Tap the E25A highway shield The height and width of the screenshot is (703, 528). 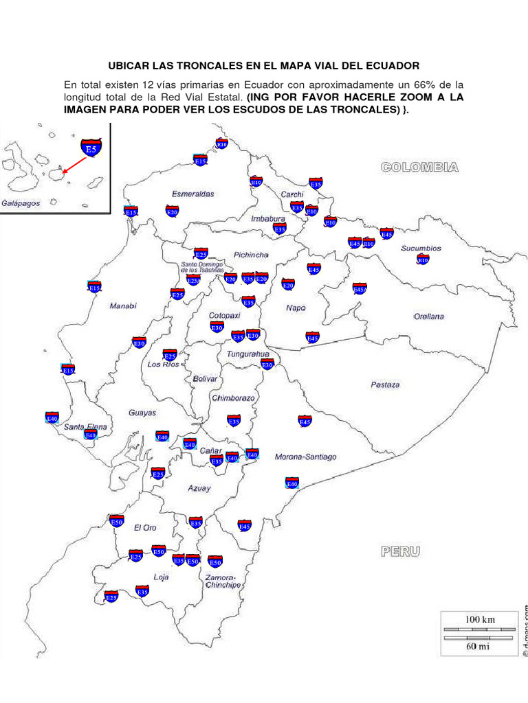(194, 279)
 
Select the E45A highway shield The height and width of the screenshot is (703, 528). (360, 289)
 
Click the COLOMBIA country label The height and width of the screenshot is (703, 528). (420, 166)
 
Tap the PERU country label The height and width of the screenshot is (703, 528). (400, 551)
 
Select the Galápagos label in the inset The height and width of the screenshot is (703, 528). (21, 203)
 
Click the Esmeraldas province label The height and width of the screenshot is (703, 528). (193, 194)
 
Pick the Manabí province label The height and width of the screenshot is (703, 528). (123, 306)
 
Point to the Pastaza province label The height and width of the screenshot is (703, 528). (385, 384)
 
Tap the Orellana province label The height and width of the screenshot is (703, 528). (428, 316)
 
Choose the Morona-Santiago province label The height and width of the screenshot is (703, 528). (305, 457)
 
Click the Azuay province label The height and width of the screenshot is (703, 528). (199, 488)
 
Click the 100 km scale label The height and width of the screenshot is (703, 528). (480, 619)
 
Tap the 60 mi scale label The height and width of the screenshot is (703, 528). (480, 647)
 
